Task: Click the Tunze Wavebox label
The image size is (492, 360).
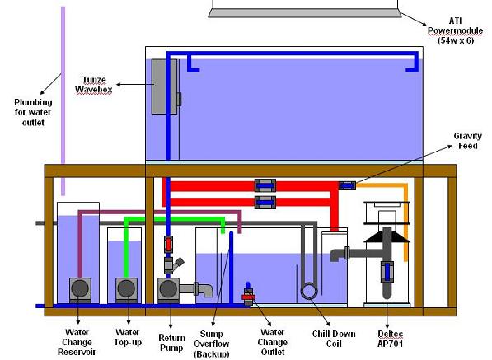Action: tap(93, 85)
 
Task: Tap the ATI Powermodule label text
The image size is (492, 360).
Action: tap(455, 30)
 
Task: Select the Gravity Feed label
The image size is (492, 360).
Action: tap(467, 141)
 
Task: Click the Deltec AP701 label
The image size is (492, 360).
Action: tap(391, 339)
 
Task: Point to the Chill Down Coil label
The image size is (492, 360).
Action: tap(334, 339)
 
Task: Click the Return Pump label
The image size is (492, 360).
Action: tap(171, 343)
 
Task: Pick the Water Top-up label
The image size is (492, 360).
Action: tap(128, 337)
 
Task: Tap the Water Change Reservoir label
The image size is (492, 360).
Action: tap(77, 342)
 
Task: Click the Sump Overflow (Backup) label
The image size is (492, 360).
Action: tap(212, 344)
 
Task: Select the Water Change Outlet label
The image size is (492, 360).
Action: tap(272, 342)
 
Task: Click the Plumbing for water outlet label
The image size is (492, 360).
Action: tap(33, 112)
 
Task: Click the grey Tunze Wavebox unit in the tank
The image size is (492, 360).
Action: tap(165, 86)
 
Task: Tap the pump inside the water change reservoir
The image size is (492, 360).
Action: tap(80, 289)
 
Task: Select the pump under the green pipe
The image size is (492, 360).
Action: tap(126, 289)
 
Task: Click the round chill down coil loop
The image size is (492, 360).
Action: tap(309, 291)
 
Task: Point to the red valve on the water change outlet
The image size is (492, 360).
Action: tap(249, 297)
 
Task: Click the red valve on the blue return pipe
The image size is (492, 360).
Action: tap(168, 245)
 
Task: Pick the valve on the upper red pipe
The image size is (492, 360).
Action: tap(265, 185)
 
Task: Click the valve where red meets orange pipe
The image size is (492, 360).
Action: tap(347, 185)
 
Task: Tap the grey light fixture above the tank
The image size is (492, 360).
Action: tap(305, 13)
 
